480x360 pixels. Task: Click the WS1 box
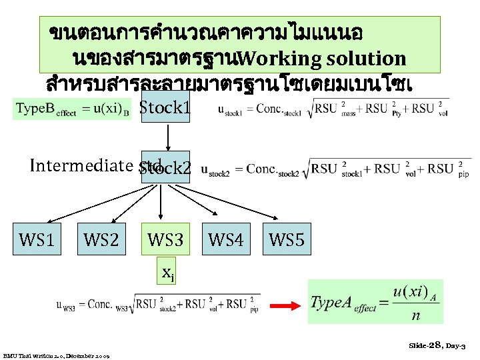(x=37, y=239)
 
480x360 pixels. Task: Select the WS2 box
(x=101, y=239)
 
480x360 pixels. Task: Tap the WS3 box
(x=165, y=239)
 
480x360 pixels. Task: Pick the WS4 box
(x=226, y=239)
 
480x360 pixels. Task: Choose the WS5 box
(x=287, y=239)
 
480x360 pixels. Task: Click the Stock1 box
(x=165, y=107)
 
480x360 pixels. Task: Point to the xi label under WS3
(x=168, y=272)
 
